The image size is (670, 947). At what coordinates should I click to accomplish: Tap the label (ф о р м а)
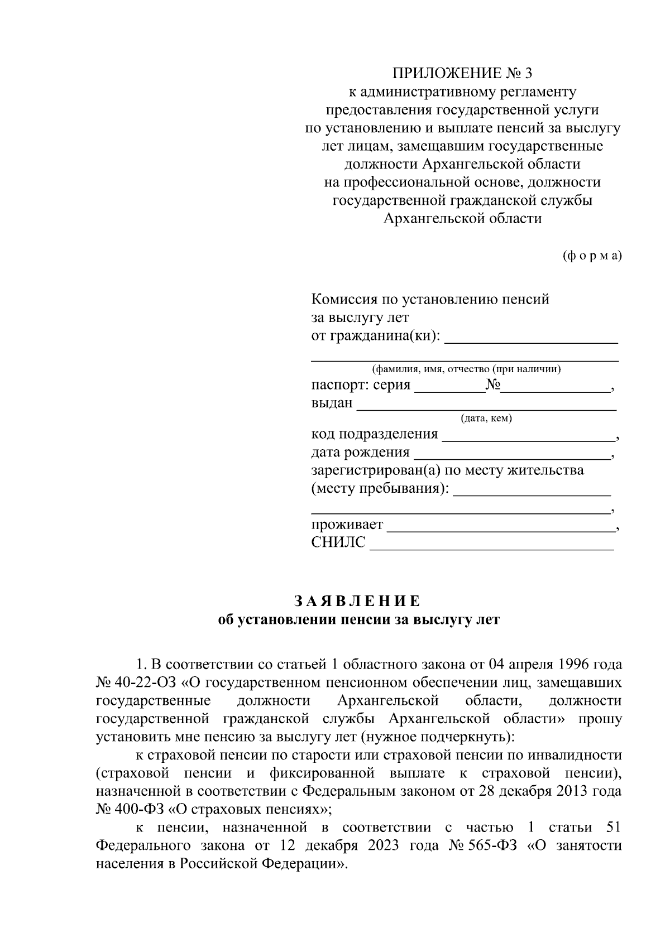click(591, 256)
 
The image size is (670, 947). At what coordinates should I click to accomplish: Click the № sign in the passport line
click(492, 385)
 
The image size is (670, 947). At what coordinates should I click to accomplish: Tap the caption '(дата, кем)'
click(486, 419)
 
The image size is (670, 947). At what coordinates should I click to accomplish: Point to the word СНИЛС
click(338, 542)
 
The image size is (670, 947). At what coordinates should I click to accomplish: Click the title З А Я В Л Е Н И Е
click(357, 601)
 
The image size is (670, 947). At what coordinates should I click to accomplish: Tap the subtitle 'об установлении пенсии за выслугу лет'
click(358, 620)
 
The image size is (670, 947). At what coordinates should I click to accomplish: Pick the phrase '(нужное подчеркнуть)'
click(435, 737)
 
